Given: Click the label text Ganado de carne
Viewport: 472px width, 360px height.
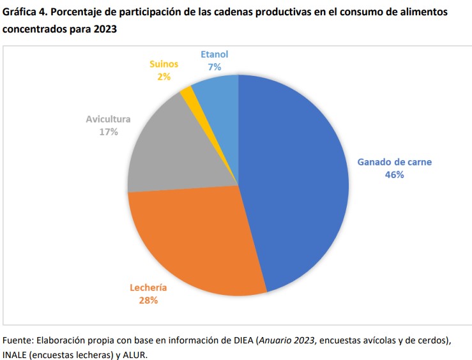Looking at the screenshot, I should click(x=394, y=162).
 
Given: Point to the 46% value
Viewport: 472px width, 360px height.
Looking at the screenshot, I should click(x=394, y=174).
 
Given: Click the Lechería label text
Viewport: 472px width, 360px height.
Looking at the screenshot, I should click(x=148, y=287).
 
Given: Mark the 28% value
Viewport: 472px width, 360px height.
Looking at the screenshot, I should click(x=148, y=299).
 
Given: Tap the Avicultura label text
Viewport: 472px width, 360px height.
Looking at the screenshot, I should click(x=108, y=119).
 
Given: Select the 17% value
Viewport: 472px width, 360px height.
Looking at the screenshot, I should click(x=108, y=131).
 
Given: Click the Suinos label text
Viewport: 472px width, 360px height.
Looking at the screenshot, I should click(x=164, y=64).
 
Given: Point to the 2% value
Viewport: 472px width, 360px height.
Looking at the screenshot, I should click(x=164, y=77).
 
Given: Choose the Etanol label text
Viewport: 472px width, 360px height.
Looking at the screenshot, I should click(x=214, y=55).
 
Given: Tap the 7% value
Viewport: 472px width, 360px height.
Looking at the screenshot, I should click(x=214, y=66).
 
